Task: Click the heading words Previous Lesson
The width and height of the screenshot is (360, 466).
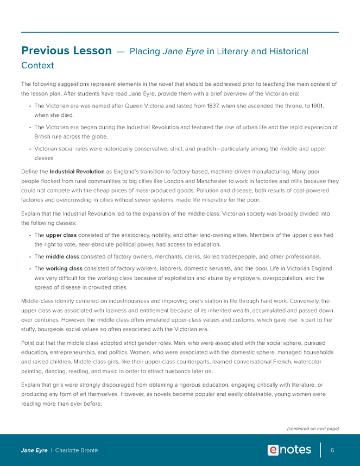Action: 66,51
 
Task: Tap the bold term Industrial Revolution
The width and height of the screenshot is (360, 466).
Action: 73,172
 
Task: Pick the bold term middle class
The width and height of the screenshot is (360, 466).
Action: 64,256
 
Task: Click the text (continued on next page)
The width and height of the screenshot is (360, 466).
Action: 312,429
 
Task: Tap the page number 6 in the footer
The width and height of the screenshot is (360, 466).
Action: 332,450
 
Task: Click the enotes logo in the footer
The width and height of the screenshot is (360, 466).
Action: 289,450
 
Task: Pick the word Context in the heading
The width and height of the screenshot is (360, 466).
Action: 37,66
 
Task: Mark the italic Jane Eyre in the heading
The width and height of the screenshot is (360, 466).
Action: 183,52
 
